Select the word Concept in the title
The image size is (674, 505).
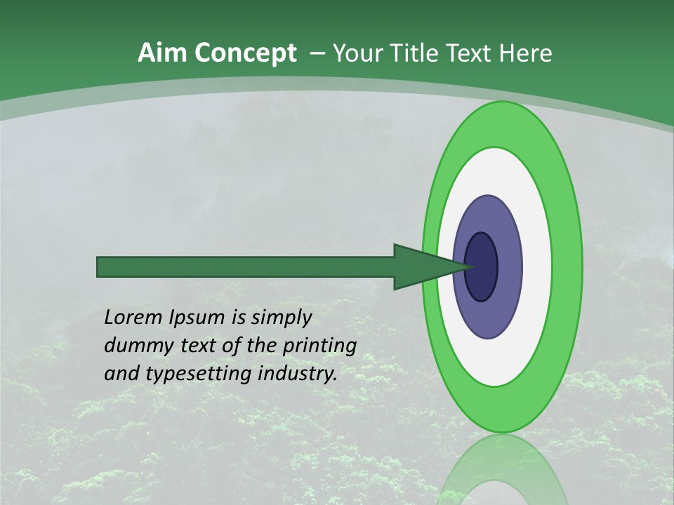(x=245, y=54)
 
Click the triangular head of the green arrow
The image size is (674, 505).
(x=421, y=267)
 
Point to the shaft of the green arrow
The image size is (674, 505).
(x=246, y=267)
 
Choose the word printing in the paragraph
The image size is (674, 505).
(x=319, y=346)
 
